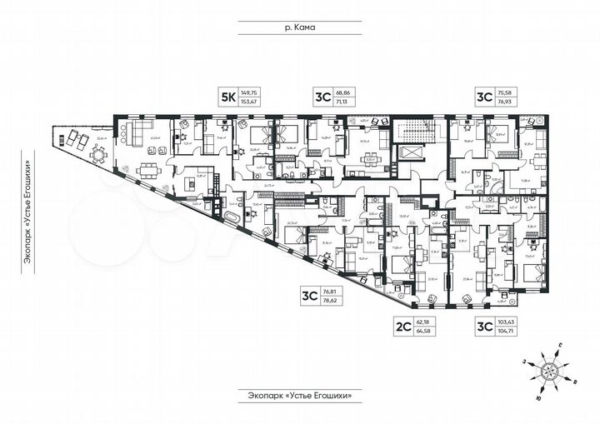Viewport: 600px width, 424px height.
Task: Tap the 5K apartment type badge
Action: pos(226,96)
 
